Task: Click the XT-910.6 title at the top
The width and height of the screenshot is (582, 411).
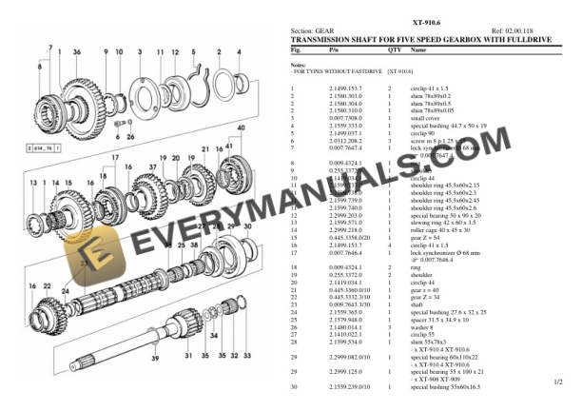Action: [x=425, y=20]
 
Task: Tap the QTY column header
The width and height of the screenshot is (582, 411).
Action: [x=394, y=48]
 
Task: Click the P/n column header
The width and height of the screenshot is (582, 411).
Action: [x=334, y=48]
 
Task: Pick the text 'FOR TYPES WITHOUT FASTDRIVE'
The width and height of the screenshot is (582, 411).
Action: [x=339, y=71]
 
